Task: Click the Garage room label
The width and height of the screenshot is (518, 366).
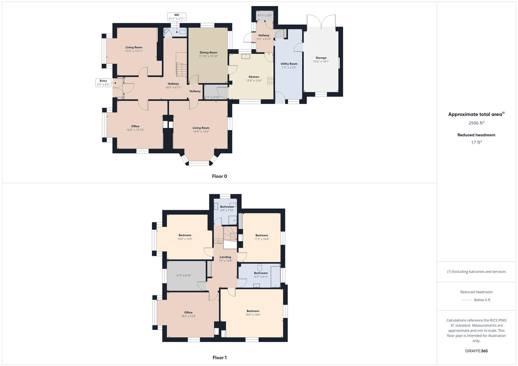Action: click(321, 58)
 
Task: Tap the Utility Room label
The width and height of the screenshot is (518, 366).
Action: click(289, 64)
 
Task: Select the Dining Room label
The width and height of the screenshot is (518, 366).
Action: click(208, 53)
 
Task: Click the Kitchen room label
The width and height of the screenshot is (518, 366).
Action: click(254, 77)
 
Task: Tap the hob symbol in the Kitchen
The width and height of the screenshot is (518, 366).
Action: click(270, 81)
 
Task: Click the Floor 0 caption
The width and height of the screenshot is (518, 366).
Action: click(219, 176)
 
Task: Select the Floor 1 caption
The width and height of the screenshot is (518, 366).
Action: click(219, 358)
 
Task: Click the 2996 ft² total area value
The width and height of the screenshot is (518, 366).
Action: click(476, 123)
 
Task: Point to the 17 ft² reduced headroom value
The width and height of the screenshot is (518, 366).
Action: click(476, 142)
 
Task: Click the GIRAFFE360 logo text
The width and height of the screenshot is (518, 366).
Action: click(476, 351)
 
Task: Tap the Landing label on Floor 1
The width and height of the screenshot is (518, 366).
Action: click(225, 257)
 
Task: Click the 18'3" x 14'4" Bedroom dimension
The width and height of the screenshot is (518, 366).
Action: click(253, 315)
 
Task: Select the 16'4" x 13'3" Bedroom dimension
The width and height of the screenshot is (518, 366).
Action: click(185, 239)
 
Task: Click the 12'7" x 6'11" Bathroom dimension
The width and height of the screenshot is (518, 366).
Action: click(261, 277)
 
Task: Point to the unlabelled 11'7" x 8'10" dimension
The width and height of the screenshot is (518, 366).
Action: click(184, 276)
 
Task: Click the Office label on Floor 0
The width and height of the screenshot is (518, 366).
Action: click(135, 126)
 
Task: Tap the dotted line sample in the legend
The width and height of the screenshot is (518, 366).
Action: click(467, 300)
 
